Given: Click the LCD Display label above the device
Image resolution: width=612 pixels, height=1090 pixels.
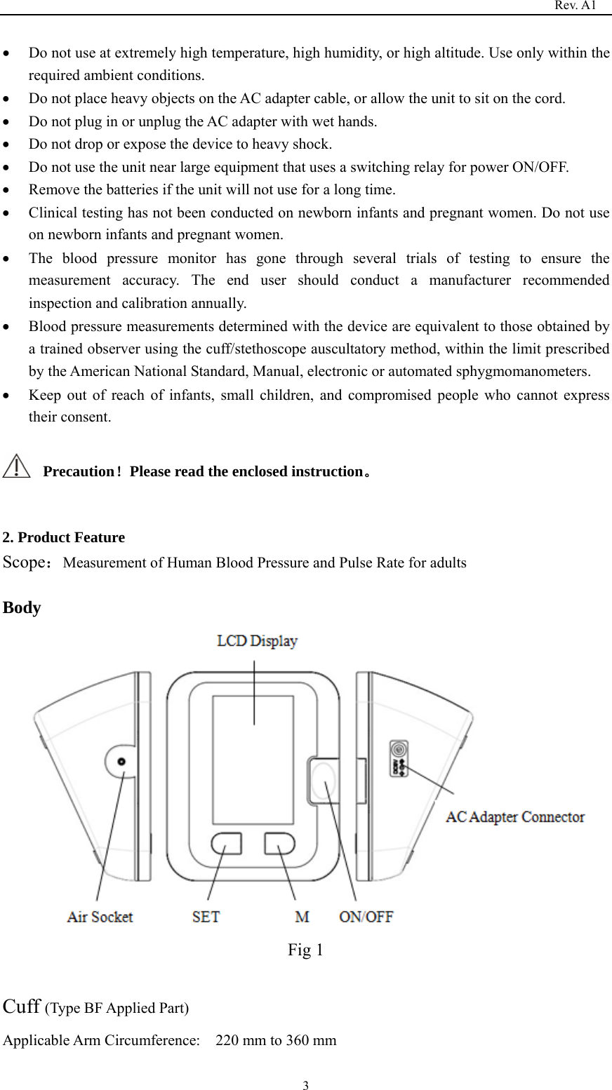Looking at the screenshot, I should tap(257, 641).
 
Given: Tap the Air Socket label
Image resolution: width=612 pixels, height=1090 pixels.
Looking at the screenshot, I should tap(100, 917).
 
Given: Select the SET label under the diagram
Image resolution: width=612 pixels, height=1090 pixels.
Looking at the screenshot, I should tap(206, 917).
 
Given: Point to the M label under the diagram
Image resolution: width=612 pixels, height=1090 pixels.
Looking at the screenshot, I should tap(302, 917).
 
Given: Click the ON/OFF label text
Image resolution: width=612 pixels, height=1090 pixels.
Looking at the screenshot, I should tap(366, 917).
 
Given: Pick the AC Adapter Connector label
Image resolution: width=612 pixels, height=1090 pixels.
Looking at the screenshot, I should tap(515, 817).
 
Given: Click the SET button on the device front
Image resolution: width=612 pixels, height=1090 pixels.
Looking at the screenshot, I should tap(226, 843).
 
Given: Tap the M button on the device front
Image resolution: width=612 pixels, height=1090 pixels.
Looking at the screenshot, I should tap(279, 843).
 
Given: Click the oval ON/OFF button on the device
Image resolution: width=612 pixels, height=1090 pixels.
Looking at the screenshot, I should tap(323, 781).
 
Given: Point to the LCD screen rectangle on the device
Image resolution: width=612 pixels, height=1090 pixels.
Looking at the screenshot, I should tap(253, 760).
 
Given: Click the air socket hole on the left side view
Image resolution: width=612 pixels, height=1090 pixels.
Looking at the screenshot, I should tap(121, 762).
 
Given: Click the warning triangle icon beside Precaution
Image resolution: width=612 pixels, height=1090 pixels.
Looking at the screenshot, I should tap(16, 466).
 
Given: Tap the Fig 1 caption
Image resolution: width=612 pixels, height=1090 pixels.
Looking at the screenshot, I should tap(305, 950).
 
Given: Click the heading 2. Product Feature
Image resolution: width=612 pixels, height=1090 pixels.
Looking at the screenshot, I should tap(64, 538).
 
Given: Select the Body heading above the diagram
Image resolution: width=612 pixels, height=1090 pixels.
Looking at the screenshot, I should tap(22, 607).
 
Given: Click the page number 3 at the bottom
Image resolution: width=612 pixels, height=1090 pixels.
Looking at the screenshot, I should tap(305, 1086).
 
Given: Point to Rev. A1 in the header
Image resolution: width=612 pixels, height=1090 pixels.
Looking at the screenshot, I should tap(575, 6).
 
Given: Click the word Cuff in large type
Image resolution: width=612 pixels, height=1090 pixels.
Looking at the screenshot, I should tap(21, 1007).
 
